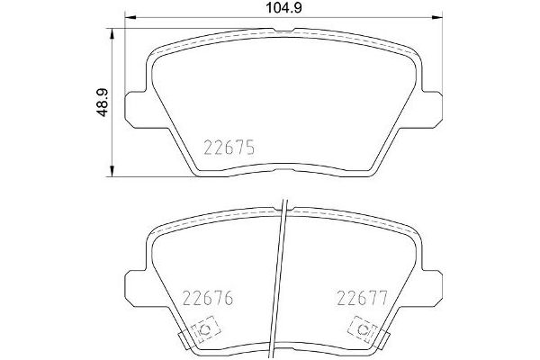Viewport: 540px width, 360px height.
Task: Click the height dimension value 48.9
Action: pos(103,103)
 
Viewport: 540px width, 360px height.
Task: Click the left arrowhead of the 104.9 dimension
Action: pos(127,17)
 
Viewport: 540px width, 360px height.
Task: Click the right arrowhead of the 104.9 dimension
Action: pos(440,17)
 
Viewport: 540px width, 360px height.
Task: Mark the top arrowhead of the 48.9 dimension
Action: pos(112,31)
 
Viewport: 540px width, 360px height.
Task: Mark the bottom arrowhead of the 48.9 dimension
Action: pos(112,173)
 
